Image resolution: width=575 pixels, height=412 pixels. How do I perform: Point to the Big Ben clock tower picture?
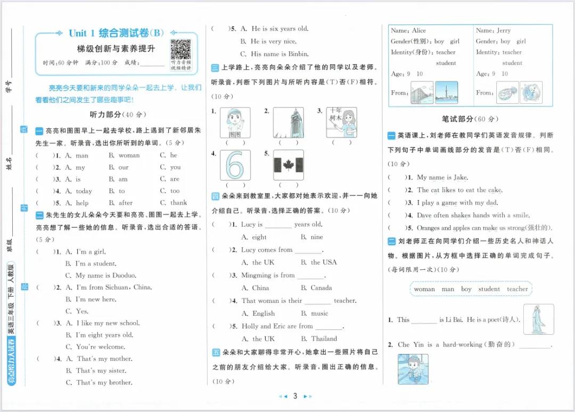coord(288,122)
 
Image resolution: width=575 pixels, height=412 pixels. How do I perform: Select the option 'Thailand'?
coord(324,339)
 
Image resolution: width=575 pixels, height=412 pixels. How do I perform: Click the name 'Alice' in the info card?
coord(419,31)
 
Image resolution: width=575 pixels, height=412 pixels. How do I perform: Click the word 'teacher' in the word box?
coord(517,289)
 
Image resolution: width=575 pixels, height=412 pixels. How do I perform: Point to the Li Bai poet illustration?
coord(538,319)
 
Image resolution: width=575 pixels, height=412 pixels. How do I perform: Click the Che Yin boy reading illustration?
coord(413,369)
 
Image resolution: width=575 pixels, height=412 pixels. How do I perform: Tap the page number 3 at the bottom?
coord(294,396)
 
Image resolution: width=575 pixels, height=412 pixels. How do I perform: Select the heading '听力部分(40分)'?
coord(118,114)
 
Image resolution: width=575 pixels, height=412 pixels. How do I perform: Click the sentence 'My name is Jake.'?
coord(442,177)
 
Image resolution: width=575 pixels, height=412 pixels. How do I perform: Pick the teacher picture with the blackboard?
coord(341,122)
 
